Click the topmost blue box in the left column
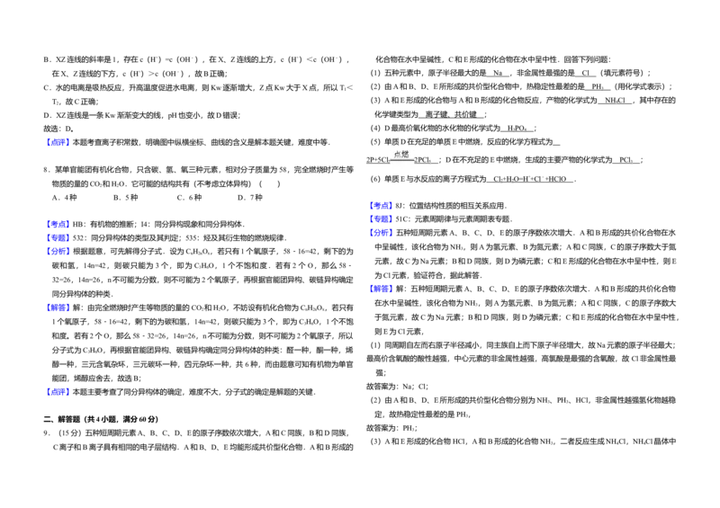point(58,143)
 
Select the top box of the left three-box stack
point(58,223)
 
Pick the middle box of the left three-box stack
point(58,237)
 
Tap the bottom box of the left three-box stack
point(58,252)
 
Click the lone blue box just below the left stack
point(58,308)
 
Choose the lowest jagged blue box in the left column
point(58,390)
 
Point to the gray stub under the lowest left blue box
point(61,399)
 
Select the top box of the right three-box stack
point(381,206)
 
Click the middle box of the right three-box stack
point(381,218)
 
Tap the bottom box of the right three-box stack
point(381,232)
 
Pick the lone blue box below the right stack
point(381,288)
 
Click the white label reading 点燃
point(401,155)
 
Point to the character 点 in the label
point(397,155)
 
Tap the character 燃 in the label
point(405,155)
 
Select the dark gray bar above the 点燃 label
point(402,147)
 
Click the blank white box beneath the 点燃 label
point(402,167)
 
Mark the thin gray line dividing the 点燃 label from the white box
point(402,161)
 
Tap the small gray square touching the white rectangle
point(508,205)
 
